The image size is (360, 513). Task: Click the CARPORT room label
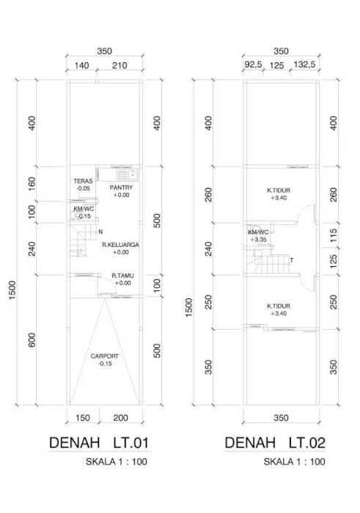tap(105, 356)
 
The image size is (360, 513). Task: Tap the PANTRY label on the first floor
tap(121, 188)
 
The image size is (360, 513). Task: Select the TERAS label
tap(83, 181)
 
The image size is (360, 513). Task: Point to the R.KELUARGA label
tap(120, 245)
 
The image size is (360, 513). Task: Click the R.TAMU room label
tap(122, 276)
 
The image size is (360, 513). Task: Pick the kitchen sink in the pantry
tap(126, 174)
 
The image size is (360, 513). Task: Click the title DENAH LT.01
tap(99, 443)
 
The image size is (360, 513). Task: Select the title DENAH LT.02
tap(275, 443)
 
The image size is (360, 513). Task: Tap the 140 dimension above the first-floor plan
tap(81, 66)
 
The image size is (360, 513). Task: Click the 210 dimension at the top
tap(120, 66)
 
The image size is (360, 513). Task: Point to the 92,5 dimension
tap(253, 64)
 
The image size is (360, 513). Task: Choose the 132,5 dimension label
tap(304, 64)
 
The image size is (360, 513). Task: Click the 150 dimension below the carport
tap(82, 418)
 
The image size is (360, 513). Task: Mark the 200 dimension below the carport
tap(121, 418)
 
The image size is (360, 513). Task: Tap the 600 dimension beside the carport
tap(32, 340)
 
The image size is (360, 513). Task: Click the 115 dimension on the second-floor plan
tap(333, 235)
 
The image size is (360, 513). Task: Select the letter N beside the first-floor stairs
tap(100, 232)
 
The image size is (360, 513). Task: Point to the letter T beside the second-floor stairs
tap(292, 260)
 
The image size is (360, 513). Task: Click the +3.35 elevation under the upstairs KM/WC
tap(259, 240)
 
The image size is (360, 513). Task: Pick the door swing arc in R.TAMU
tap(111, 281)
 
